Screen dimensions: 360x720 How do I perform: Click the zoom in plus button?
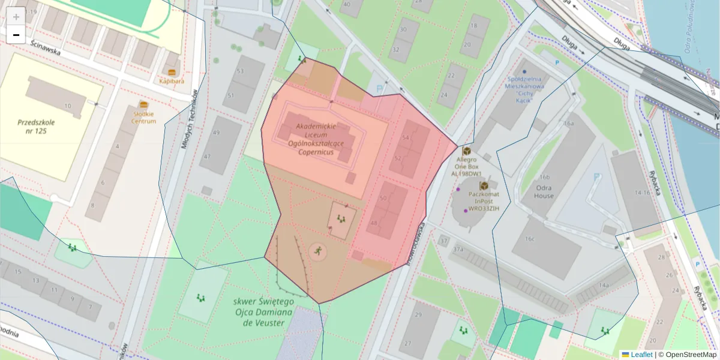[x=16, y=16]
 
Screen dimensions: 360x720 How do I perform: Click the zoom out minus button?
[x=16, y=35]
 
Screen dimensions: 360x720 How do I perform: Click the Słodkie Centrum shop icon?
[x=143, y=104]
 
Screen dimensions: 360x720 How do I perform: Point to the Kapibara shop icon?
[x=172, y=72]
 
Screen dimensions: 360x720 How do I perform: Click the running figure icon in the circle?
[x=317, y=251]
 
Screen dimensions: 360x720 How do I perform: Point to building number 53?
[x=241, y=71]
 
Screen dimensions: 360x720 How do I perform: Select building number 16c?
[x=530, y=238]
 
